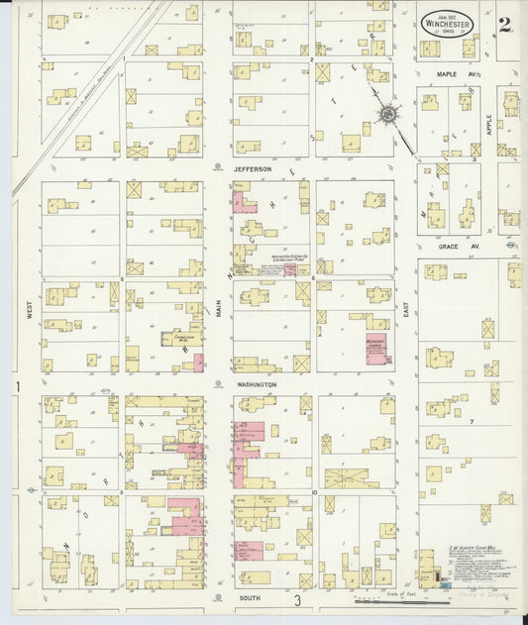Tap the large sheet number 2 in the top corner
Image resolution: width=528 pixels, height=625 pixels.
(504, 25)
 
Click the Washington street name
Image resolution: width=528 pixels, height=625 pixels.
(257, 383)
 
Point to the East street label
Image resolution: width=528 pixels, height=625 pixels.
(406, 310)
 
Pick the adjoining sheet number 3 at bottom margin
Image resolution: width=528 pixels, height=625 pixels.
(296, 601)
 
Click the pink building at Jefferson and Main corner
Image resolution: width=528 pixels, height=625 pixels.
(242, 203)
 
